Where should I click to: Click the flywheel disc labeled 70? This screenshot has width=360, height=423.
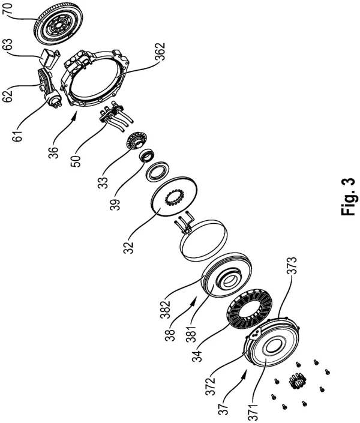pyautogui.click(x=58, y=26)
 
